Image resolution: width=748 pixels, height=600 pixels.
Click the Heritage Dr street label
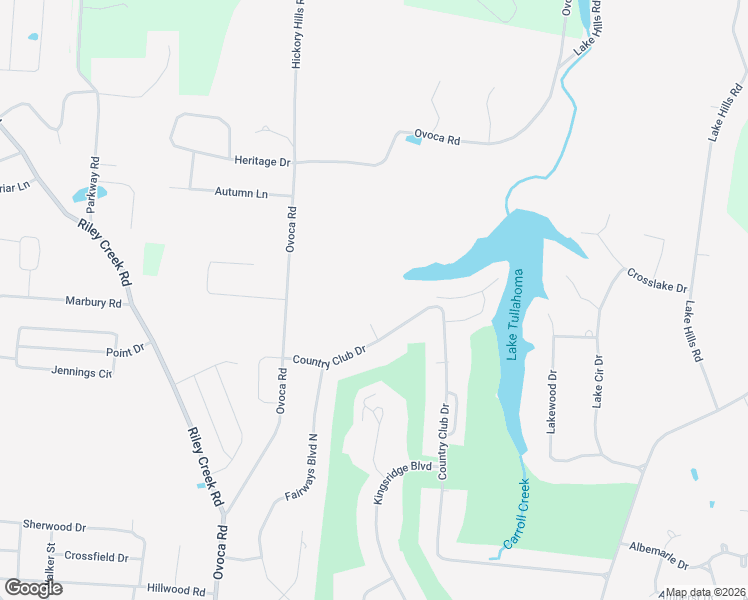[x=262, y=161]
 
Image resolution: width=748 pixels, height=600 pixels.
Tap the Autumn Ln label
[x=241, y=192]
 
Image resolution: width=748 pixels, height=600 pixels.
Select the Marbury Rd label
[x=93, y=302]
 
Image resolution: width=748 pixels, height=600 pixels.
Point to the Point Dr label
[x=125, y=351]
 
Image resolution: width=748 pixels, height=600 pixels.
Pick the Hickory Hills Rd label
[x=297, y=35]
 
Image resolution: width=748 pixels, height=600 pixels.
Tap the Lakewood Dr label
[x=550, y=400]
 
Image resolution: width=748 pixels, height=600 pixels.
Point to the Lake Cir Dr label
[x=598, y=381]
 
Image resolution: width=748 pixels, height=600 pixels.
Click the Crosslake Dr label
[x=657, y=287]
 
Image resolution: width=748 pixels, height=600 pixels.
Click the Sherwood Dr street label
[x=55, y=525]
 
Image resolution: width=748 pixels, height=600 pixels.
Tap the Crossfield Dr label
[x=96, y=557]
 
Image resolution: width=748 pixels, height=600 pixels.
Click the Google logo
[x=33, y=588]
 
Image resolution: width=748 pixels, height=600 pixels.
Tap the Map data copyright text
[x=706, y=592]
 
